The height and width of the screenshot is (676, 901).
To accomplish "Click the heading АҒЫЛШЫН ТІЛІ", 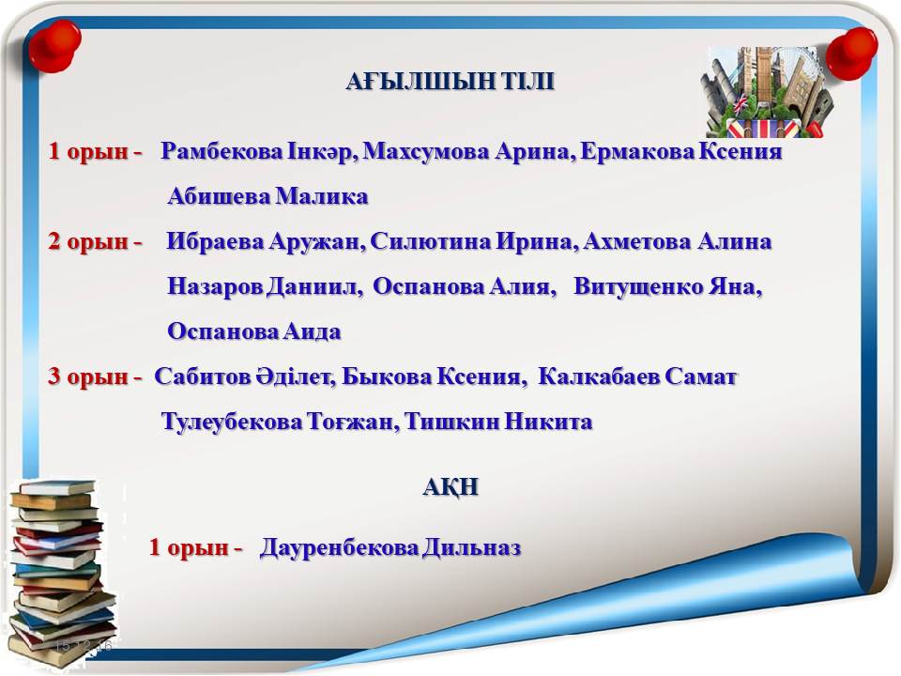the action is (x=450, y=82).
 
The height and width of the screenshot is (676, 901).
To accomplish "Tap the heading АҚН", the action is (x=451, y=487).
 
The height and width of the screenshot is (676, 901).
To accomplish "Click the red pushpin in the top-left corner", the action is (x=54, y=46).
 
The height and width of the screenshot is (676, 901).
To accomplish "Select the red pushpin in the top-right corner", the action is (x=851, y=54).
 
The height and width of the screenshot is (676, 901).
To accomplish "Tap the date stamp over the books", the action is (x=84, y=646).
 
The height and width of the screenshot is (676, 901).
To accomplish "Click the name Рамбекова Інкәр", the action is (x=259, y=152).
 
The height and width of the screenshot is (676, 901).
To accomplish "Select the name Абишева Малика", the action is (x=267, y=196).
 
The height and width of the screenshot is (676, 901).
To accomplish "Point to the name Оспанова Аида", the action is (x=254, y=331).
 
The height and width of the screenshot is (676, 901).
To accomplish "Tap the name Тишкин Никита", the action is (x=498, y=422).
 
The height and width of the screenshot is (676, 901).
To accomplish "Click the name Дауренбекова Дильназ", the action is (x=390, y=547).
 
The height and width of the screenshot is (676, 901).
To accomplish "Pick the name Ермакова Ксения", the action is (x=681, y=152).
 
